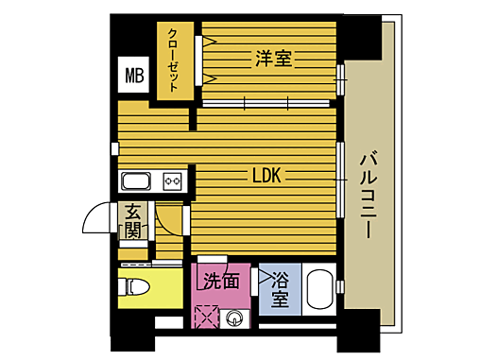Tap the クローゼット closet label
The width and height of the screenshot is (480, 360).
[x=175, y=59]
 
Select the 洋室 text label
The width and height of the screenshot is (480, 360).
[x=272, y=59]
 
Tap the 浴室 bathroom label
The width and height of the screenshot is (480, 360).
[x=281, y=290]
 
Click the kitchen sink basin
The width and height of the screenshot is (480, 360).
[x=135, y=180]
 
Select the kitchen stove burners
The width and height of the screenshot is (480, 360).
[x=172, y=180]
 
